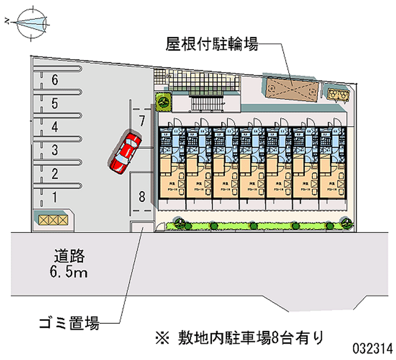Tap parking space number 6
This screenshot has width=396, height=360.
55,79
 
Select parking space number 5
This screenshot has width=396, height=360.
55,103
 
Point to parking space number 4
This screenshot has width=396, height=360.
55,127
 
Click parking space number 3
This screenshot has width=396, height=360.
55,150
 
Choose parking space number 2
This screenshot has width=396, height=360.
55,173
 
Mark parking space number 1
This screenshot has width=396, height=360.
55,197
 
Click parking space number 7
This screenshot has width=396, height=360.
142,120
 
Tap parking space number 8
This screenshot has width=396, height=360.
142,197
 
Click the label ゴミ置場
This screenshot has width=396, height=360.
69,325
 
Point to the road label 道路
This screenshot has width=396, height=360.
70,257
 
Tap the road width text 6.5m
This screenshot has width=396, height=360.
70,272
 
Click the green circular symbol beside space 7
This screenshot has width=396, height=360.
163,102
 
